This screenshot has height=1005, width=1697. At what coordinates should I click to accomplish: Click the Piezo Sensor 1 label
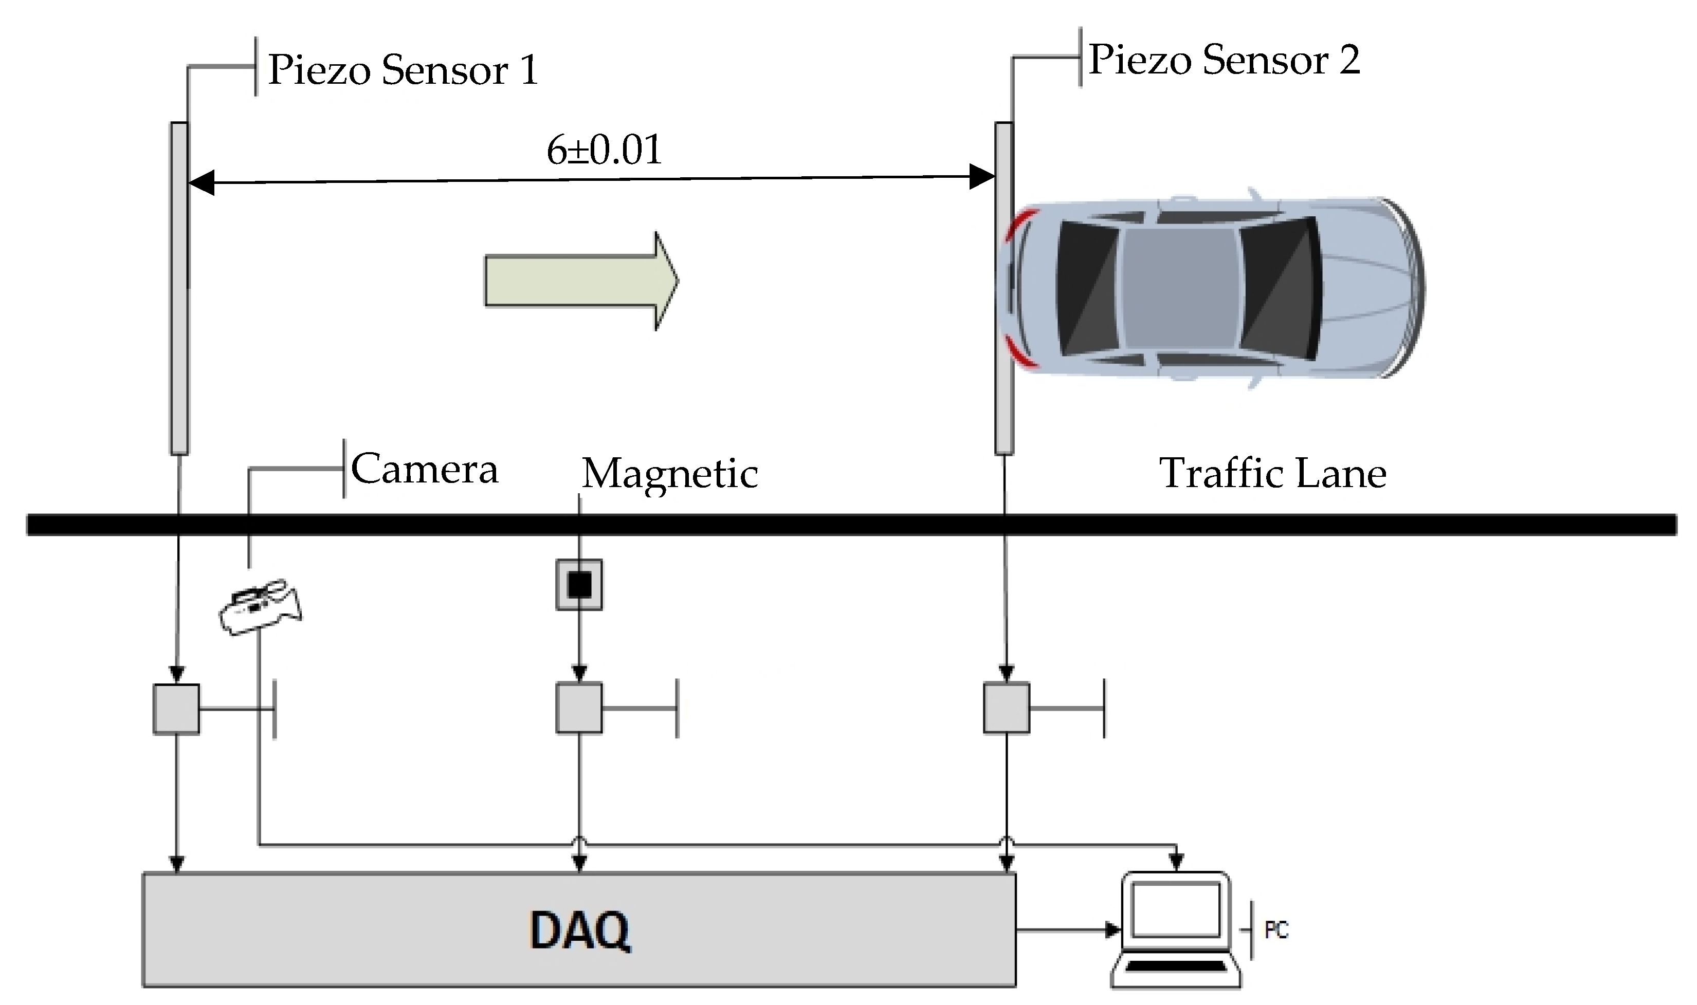(403, 70)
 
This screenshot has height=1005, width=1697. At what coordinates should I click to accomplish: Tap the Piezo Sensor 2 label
(1224, 60)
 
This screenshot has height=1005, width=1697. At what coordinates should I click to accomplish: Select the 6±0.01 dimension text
(604, 151)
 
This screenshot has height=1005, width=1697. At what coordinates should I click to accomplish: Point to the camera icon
(260, 607)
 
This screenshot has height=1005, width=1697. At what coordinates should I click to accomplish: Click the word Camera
(425, 469)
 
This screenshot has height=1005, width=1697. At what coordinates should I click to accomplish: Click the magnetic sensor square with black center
(579, 584)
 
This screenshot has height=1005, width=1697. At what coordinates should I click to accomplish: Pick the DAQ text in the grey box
(580, 931)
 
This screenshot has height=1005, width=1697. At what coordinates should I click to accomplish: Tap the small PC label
(1276, 930)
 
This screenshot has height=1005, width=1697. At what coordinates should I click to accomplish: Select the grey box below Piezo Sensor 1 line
(176, 709)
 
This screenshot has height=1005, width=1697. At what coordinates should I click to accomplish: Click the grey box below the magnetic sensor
(579, 709)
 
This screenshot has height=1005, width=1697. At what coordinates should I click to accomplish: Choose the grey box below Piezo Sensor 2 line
(1006, 709)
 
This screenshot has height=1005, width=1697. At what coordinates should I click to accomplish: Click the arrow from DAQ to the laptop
(1067, 930)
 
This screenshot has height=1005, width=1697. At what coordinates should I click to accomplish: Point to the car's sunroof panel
(1180, 281)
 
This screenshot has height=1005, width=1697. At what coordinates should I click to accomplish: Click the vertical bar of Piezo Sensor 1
(179, 288)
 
